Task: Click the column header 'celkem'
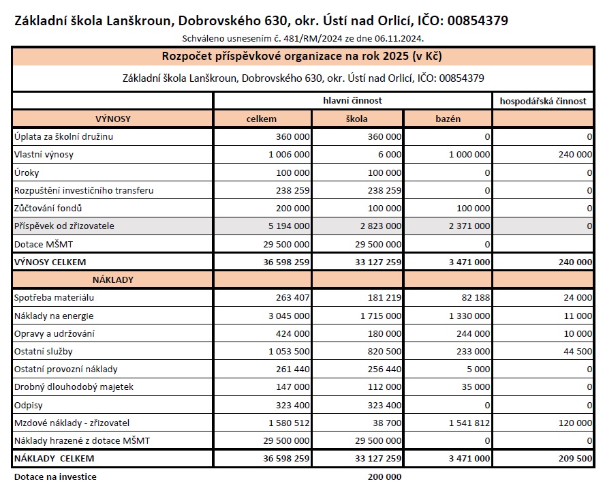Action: pyautogui.click(x=262, y=119)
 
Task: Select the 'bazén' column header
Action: pyautogui.click(x=448, y=119)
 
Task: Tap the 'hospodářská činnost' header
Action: pyautogui.click(x=542, y=101)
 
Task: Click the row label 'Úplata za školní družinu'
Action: pyautogui.click(x=63, y=136)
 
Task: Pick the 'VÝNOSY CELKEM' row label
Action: pyautogui.click(x=50, y=262)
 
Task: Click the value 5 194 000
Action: pyautogui.click(x=287, y=226)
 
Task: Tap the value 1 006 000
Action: pyautogui.click(x=287, y=155)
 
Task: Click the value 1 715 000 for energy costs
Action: pyautogui.click(x=379, y=316)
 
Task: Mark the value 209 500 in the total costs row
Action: pyautogui.click(x=572, y=458)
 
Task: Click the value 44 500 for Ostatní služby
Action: pyautogui.click(x=576, y=351)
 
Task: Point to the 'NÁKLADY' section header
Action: pyautogui.click(x=112, y=279)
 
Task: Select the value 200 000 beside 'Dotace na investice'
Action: pyautogui.click(x=384, y=477)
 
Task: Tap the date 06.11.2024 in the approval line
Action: pyautogui.click(x=403, y=38)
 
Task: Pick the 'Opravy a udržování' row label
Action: pyautogui.click(x=54, y=333)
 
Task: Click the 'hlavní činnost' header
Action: pyautogui.click(x=352, y=101)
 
